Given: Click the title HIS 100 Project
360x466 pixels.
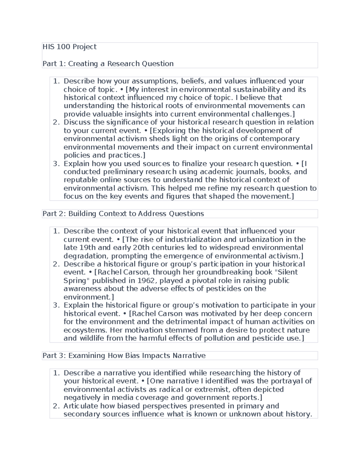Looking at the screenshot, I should (x=69, y=47).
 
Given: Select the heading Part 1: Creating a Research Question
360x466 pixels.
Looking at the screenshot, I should (x=108, y=64).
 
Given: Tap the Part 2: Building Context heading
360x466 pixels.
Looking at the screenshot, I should (x=123, y=214).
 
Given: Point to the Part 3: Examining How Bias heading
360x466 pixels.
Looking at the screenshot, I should (x=124, y=356).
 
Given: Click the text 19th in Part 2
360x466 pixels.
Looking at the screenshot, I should (x=87, y=248).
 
